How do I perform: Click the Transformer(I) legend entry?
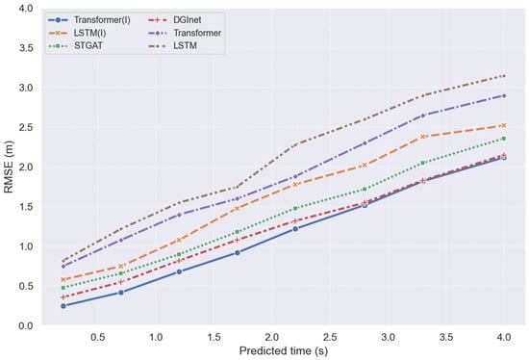tap(89, 20)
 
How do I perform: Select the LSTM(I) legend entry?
tap(77, 33)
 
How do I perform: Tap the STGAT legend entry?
tap(76, 45)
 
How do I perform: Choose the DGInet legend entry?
tap(174, 20)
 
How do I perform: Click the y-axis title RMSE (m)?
tap(9, 167)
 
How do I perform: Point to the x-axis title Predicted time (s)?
tap(284, 351)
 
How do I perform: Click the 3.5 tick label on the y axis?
tap(26, 48)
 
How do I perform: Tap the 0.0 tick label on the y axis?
tap(26, 326)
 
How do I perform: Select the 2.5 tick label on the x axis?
tap(330, 337)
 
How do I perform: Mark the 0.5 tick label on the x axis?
tap(97, 337)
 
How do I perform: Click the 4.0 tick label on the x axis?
tap(504, 337)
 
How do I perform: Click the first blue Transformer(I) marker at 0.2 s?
tap(63, 306)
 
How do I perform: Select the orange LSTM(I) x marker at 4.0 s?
tap(504, 125)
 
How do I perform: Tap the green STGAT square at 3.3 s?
tap(423, 163)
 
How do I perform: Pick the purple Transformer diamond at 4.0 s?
tap(504, 96)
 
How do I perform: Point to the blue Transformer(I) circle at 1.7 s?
tap(238, 252)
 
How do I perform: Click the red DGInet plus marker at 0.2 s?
tap(63, 297)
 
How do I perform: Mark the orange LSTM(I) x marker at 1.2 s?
tap(179, 240)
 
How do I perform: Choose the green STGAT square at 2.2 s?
tap(295, 208)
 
